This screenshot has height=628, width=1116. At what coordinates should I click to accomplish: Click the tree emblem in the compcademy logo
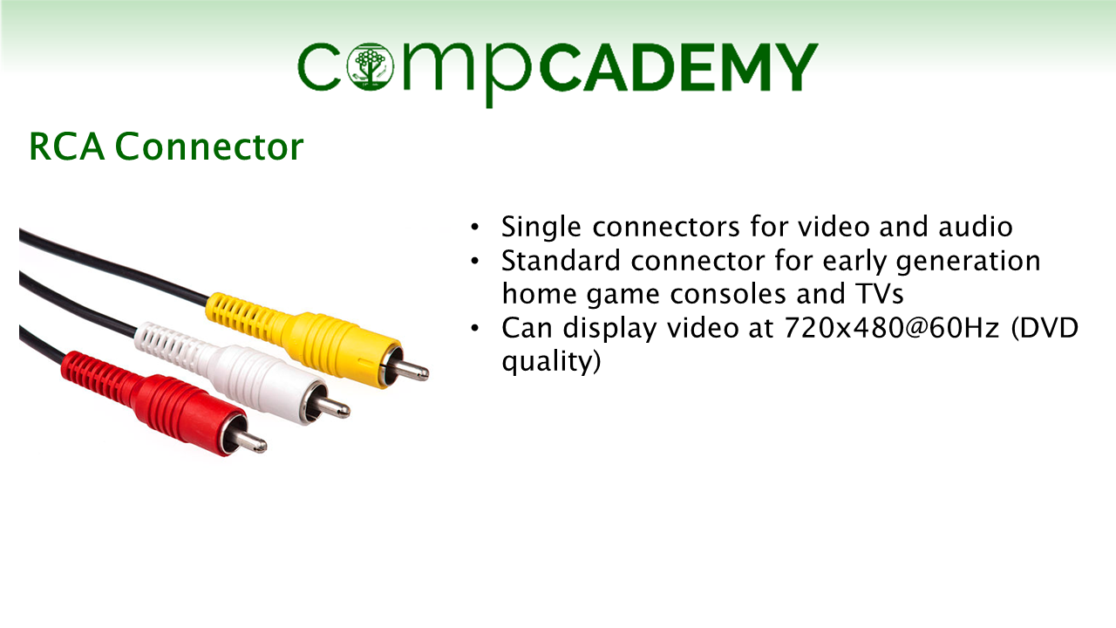coord(371,67)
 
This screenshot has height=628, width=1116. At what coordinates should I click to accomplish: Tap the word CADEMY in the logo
coord(678,67)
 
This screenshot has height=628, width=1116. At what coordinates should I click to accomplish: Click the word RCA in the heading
coord(67,147)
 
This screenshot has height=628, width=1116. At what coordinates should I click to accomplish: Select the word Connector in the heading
coord(209,147)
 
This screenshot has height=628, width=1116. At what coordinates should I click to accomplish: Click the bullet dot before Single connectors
coord(475,228)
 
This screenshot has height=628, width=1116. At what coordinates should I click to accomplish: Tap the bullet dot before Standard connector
coord(475,261)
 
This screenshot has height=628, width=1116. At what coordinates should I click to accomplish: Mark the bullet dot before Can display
coord(475,328)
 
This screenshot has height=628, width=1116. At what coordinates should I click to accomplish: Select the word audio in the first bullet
coord(976,227)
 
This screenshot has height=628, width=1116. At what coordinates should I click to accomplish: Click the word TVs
coord(879,294)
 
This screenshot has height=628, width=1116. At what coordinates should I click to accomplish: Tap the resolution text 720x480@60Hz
coord(892,329)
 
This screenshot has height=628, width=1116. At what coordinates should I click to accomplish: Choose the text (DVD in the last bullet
coord(1045,329)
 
